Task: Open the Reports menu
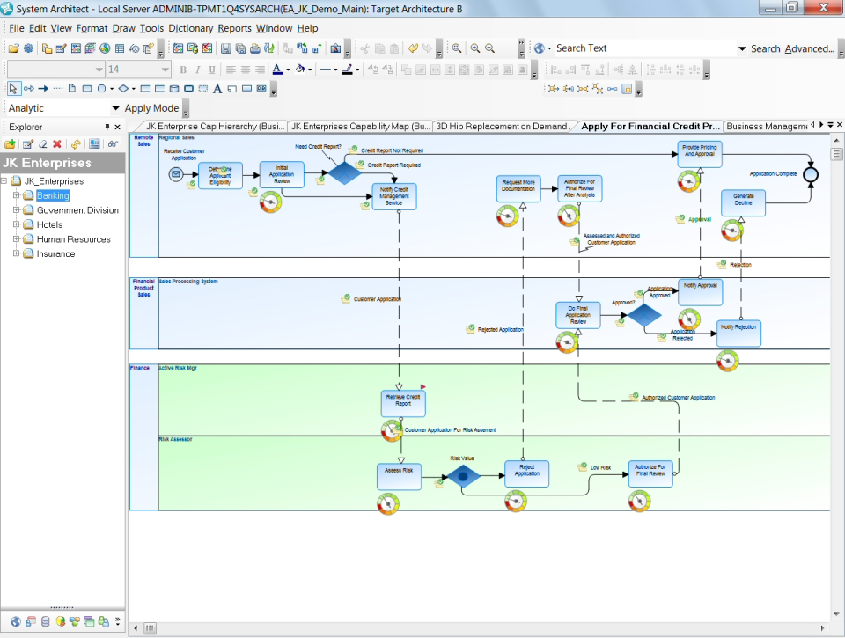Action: [x=234, y=28]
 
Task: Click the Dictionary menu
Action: [x=190, y=28]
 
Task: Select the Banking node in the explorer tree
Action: [x=53, y=195]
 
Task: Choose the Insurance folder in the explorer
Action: [x=55, y=253]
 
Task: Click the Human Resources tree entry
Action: [x=73, y=239]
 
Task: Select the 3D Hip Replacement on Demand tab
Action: [x=503, y=127]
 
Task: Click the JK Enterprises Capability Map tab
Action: [x=360, y=127]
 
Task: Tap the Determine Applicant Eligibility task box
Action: [x=220, y=175]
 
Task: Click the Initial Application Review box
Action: [x=282, y=174]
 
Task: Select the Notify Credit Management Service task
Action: [x=393, y=196]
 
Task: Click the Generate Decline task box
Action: [x=743, y=202]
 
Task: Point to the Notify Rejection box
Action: [x=738, y=333]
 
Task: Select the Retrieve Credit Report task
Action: [x=403, y=403]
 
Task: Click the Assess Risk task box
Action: [x=399, y=474]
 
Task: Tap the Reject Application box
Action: [x=526, y=473]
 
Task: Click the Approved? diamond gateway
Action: [x=644, y=315]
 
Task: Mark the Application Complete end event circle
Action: [x=811, y=175]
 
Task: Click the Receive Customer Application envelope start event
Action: [x=176, y=175]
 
